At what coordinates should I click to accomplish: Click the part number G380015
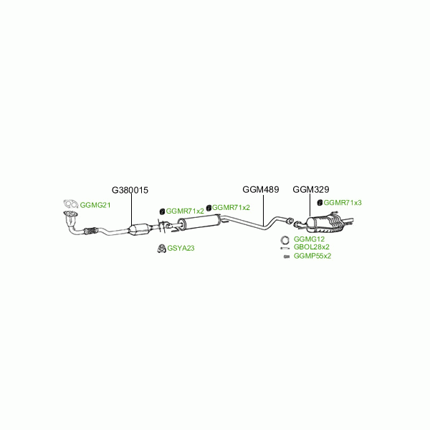(x=130, y=191)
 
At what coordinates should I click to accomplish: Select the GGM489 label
(x=260, y=190)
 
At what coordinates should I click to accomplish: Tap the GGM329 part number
(x=310, y=190)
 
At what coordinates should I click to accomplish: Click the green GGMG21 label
(x=95, y=205)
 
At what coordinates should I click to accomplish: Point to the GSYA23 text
(x=181, y=248)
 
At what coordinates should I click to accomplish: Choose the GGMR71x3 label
(x=343, y=203)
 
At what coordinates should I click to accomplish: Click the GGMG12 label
(x=309, y=239)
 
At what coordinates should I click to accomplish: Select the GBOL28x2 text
(x=311, y=247)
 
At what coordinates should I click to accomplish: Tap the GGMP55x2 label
(x=312, y=255)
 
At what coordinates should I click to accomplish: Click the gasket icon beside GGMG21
(x=70, y=205)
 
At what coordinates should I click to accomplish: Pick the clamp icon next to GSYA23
(x=161, y=249)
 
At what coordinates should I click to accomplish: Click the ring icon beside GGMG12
(x=285, y=239)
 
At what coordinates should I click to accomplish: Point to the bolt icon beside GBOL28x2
(x=285, y=247)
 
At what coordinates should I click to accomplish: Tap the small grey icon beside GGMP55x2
(x=286, y=255)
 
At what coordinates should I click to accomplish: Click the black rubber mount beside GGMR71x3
(x=319, y=204)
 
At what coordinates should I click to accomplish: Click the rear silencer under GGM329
(x=326, y=225)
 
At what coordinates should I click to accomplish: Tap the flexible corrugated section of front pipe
(x=90, y=231)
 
